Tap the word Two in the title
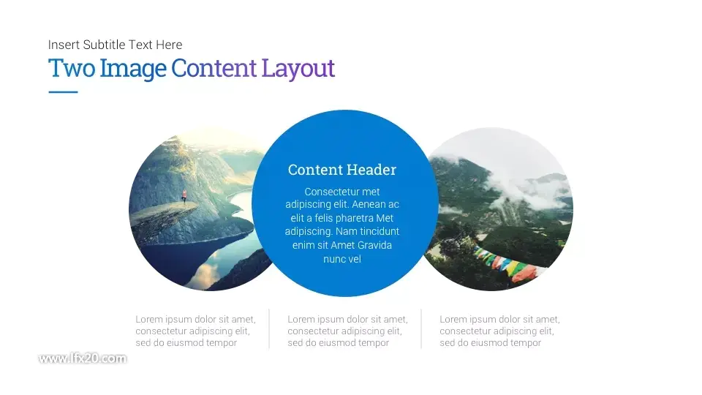pos(72,68)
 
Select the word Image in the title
pos(133,69)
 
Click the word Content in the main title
pos(214,68)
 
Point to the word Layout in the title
pos(298,69)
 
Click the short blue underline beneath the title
pos(63,92)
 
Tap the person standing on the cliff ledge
pos(184,196)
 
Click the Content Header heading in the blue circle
pos(342,170)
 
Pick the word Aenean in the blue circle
pos(369,205)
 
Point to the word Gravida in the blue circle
pos(374,245)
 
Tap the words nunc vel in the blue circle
pos(342,259)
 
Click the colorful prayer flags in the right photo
pos(505,263)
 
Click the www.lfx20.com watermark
pos(83,358)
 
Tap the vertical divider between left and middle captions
pos(269,328)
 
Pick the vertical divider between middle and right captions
pos(421,328)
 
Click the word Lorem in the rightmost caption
pos(453,320)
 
